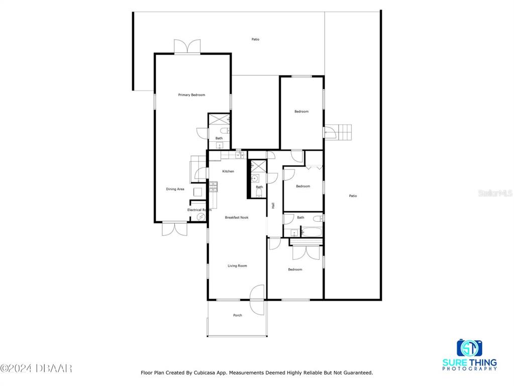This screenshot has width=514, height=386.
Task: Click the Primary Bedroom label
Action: (191, 95)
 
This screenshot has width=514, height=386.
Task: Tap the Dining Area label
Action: (175, 189)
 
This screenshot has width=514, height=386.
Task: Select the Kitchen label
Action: (228, 171)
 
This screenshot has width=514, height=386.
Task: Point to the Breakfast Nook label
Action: (237, 218)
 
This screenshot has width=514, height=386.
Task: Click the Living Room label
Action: (237, 266)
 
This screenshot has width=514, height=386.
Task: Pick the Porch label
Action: (238, 315)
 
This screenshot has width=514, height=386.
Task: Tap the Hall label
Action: (273, 206)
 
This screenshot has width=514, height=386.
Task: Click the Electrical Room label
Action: (199, 210)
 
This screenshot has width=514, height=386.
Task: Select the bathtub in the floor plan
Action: (312, 232)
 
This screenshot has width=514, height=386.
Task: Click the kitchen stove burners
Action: (214, 187)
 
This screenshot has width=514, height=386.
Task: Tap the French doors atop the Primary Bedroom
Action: (187, 47)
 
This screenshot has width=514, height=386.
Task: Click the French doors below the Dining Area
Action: (175, 229)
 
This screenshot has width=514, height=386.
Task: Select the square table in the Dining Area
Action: (197, 191)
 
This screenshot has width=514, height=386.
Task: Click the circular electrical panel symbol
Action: (200, 217)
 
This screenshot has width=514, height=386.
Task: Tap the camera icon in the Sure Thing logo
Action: (469, 348)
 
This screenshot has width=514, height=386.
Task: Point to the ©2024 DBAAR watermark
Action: (36, 368)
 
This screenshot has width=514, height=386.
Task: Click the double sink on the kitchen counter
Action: (240, 155)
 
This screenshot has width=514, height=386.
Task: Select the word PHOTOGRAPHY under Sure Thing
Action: (469, 368)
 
